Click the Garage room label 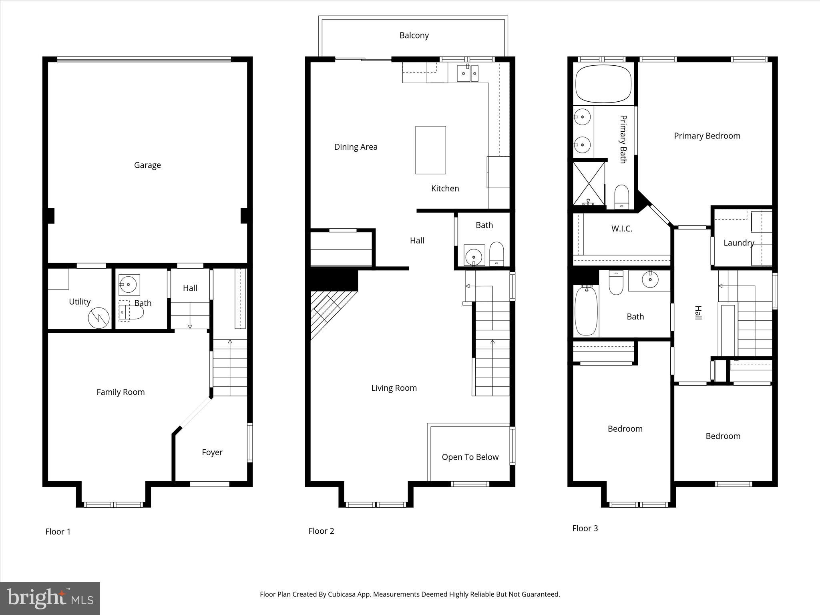(x=147, y=165)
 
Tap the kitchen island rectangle (x=430, y=150)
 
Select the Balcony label (x=414, y=36)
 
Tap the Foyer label (x=212, y=452)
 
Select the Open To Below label (x=470, y=457)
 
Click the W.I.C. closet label (x=621, y=229)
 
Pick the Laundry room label (x=739, y=243)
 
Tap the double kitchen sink (x=468, y=73)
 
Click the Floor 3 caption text (x=585, y=529)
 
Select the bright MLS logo (x=50, y=598)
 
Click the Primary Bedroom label (x=707, y=136)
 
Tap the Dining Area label (x=356, y=147)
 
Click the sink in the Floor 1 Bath (x=129, y=285)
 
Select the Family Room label (x=121, y=392)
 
